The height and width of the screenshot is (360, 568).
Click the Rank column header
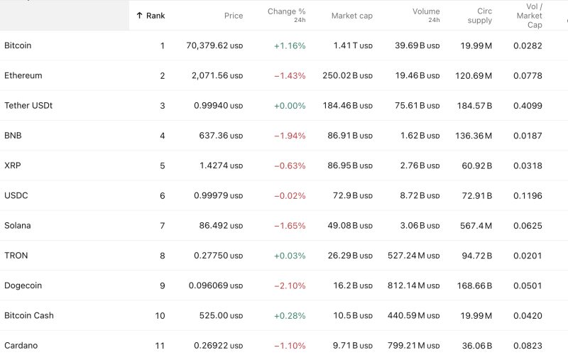tap(155, 16)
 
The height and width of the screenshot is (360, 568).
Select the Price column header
tap(233, 16)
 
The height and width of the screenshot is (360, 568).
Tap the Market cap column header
tap(351, 16)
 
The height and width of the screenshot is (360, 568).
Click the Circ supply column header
tap(480, 16)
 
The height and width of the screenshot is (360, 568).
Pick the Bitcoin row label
tap(18, 45)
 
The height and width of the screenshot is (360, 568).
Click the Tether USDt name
tap(28, 106)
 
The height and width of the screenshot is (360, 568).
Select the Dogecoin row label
tap(23, 285)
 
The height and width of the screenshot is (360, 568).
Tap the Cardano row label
tap(21, 346)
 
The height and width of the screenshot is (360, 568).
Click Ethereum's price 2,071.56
tap(217, 76)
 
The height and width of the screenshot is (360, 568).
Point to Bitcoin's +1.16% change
tap(289, 46)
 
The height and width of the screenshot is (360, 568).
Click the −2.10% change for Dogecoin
tap(289, 286)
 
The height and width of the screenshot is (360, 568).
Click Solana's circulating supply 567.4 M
tap(475, 226)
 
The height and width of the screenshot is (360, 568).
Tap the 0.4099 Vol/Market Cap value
tap(528, 106)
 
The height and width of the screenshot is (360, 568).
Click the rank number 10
tap(160, 316)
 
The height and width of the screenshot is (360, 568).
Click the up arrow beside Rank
tap(139, 16)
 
